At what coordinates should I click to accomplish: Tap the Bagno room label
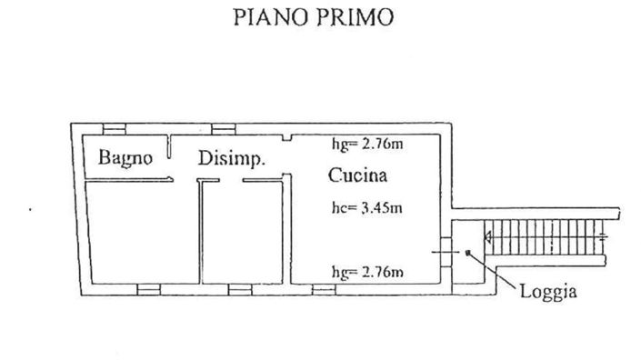pos(125,158)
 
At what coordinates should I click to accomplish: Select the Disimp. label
pos(231,158)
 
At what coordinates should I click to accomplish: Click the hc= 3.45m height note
pos(366,208)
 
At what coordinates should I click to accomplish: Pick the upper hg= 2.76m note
pos(366,144)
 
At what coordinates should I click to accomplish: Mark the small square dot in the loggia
pos(466,252)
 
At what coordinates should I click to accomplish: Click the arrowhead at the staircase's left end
pos(489,239)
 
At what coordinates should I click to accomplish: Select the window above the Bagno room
pos(115,127)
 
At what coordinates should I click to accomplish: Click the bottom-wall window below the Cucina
pos(324,289)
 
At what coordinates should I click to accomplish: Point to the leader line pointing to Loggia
pos(496,272)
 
